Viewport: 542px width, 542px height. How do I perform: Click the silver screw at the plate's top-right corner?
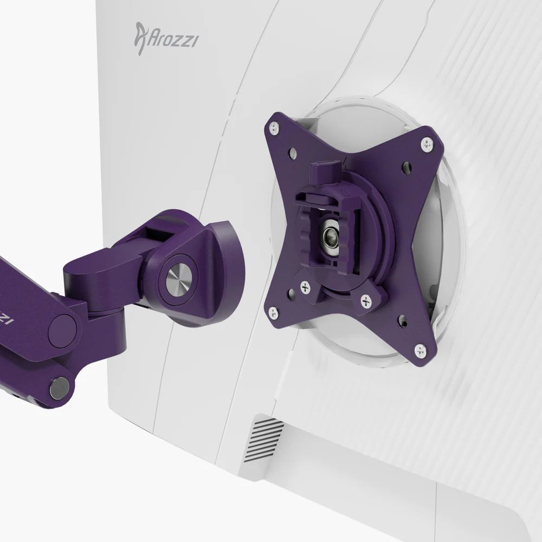[427, 144]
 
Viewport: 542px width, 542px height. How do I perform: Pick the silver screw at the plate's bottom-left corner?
[272, 312]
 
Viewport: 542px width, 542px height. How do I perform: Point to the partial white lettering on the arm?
[7, 317]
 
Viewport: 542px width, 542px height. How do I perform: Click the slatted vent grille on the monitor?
[264, 439]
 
